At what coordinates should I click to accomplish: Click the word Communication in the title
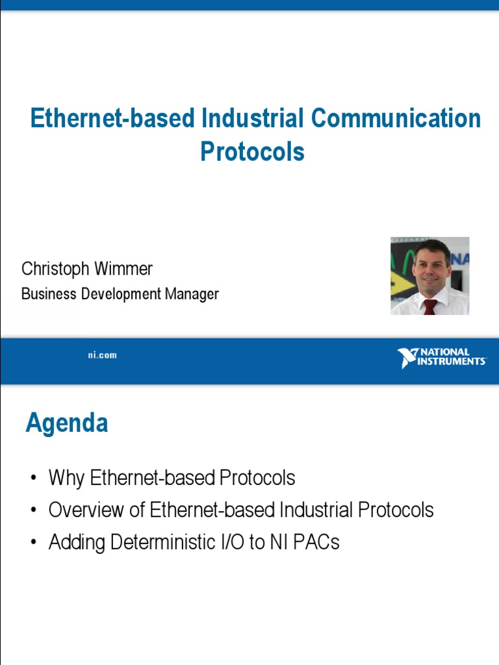tap(395, 119)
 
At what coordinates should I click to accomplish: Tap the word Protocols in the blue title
tap(252, 151)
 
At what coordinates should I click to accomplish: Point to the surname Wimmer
tap(129, 269)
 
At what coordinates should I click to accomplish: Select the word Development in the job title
tap(121, 294)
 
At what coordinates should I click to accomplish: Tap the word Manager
tap(192, 294)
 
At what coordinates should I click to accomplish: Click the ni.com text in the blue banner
tap(103, 355)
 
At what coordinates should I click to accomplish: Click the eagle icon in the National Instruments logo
tap(408, 358)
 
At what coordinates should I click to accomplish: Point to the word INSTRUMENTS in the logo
tap(454, 362)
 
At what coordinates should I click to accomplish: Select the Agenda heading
tap(67, 423)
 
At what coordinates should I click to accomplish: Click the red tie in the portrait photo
tap(429, 307)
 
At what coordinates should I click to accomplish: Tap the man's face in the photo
tap(431, 266)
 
